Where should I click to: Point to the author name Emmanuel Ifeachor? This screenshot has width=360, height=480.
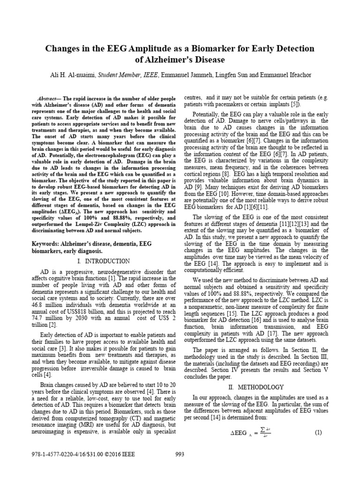pos(289,75)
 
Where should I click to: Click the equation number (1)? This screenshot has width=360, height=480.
pos(318,433)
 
